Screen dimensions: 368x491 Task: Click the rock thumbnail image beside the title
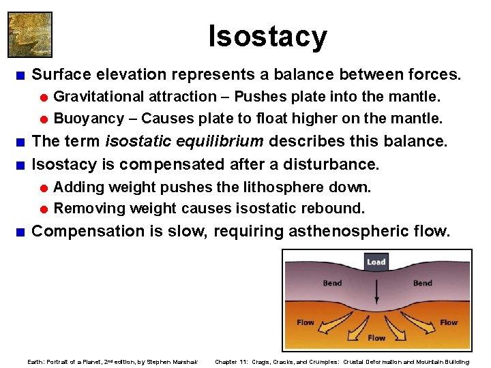click(29, 34)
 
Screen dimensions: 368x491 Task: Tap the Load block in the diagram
click(376, 262)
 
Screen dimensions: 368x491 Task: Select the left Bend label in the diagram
click(332, 283)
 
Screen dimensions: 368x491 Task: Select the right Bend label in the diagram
click(422, 283)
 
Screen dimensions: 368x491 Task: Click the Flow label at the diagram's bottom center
click(376, 338)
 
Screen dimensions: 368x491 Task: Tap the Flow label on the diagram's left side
click(306, 322)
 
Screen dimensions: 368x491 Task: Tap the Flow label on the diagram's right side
click(448, 322)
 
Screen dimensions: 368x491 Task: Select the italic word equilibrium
click(225, 142)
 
